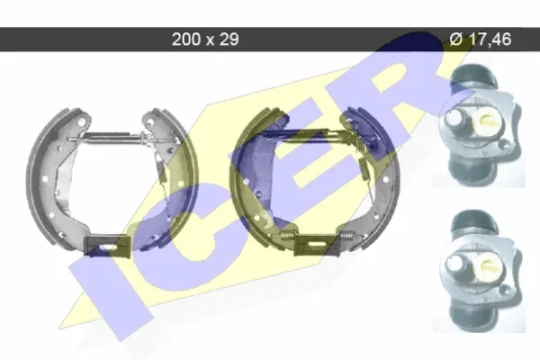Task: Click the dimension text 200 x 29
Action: click(x=205, y=39)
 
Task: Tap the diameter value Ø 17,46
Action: click(x=481, y=39)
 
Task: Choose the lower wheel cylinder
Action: click(x=480, y=270)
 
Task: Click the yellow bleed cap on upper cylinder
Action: click(x=487, y=120)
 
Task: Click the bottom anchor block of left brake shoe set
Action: click(x=107, y=246)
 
